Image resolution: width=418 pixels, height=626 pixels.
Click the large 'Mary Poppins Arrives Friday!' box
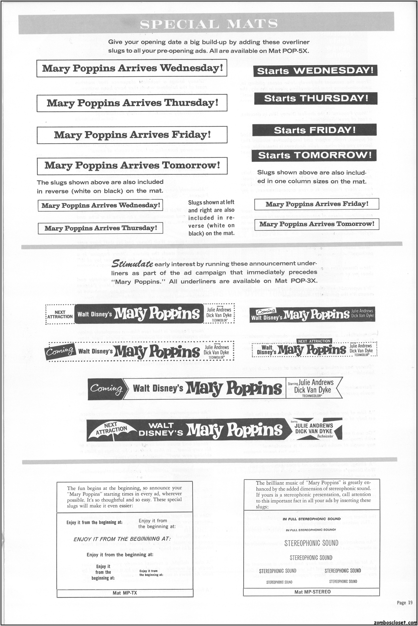(132, 135)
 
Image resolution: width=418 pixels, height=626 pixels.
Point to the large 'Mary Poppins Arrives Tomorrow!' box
(132, 166)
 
